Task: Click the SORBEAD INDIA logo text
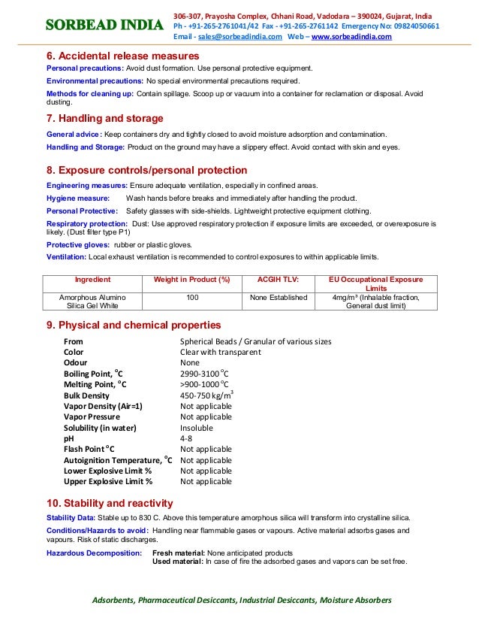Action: pyautogui.click(x=104, y=26)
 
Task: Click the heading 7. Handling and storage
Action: pyautogui.click(x=104, y=119)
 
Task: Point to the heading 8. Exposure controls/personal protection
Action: pyautogui.click(x=146, y=170)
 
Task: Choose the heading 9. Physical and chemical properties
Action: pyautogui.click(x=134, y=325)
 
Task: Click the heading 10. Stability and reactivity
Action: pyautogui.click(x=110, y=503)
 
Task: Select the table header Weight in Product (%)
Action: pyautogui.click(x=191, y=279)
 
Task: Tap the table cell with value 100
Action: pyautogui.click(x=191, y=298)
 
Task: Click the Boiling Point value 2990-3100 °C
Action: pyautogui.click(x=204, y=374)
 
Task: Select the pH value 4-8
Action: pyautogui.click(x=186, y=438)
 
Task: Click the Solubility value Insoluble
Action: pyautogui.click(x=197, y=428)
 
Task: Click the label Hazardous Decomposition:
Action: pyautogui.click(x=94, y=553)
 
